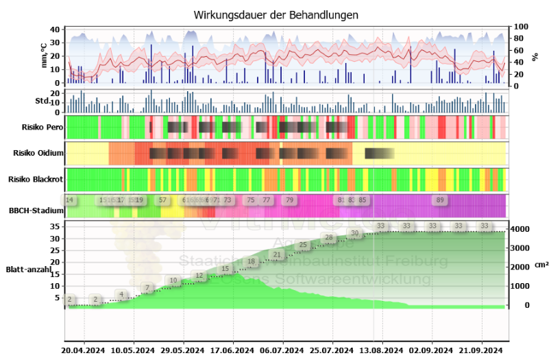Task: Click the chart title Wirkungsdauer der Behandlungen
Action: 275,14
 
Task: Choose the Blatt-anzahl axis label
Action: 29,269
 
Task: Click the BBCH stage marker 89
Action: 441,200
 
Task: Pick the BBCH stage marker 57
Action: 163,200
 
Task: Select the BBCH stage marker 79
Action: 289,200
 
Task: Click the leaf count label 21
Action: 277,255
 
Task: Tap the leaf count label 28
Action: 329,239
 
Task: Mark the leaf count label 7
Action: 147,288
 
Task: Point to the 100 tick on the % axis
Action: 522,27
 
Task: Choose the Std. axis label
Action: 43,101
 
